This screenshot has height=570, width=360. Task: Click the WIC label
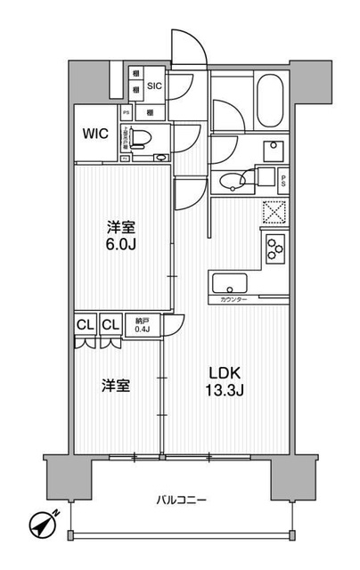click(x=96, y=134)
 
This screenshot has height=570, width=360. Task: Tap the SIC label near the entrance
click(x=154, y=86)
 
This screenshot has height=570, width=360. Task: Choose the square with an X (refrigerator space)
click(x=272, y=212)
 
